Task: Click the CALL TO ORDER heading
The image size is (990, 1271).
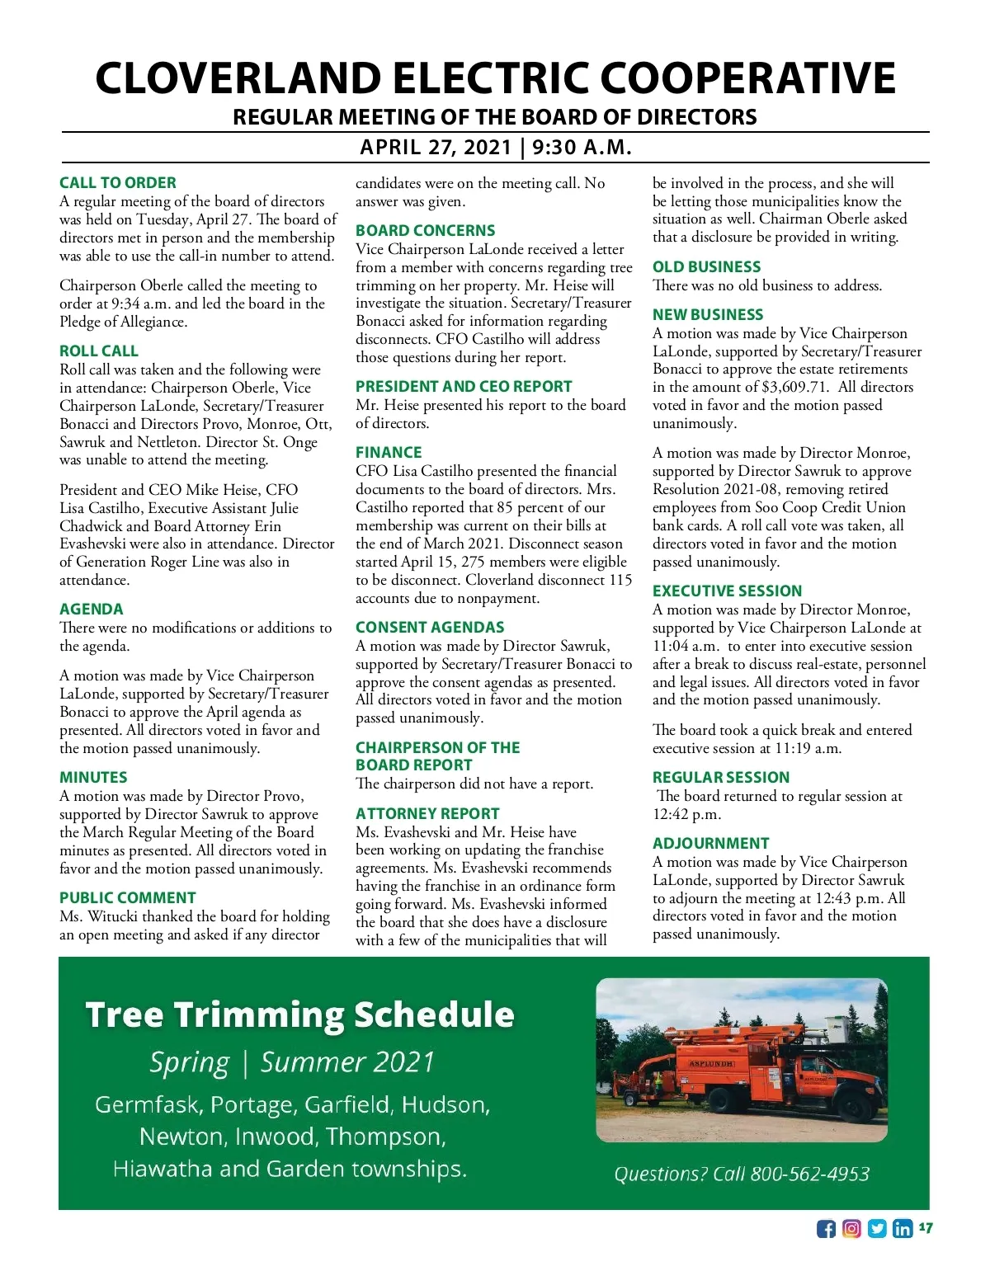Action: tap(118, 183)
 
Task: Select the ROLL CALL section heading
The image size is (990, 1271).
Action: tap(99, 351)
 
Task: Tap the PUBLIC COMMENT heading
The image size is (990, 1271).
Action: tap(128, 898)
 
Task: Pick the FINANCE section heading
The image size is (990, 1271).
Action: tap(389, 453)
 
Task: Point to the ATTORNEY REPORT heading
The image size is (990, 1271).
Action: tap(427, 814)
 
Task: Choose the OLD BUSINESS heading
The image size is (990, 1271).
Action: tap(707, 267)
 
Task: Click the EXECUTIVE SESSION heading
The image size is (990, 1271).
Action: tap(727, 591)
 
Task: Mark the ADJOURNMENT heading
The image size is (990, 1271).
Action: tap(710, 844)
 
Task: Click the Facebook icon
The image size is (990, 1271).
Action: tap(826, 1229)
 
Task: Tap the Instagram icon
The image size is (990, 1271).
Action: tap(851, 1229)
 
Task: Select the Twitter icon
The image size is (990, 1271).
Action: tap(877, 1229)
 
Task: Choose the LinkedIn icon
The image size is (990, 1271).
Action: tap(903, 1229)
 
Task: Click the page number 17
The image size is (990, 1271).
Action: tap(926, 1228)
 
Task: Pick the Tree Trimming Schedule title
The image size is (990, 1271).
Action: tap(299, 1014)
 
